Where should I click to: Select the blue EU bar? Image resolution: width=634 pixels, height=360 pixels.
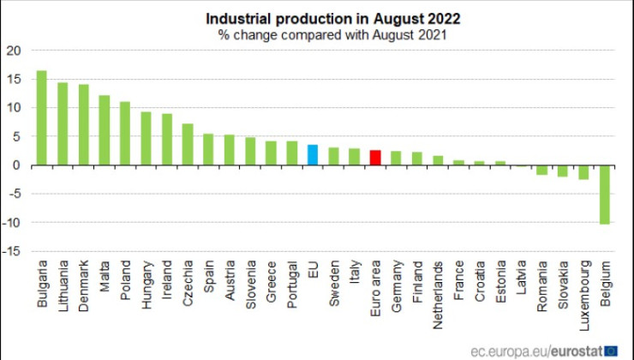tap(313, 155)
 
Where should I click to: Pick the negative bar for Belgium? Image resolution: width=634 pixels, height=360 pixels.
tap(605, 195)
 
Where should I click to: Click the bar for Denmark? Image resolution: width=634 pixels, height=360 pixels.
tap(83, 125)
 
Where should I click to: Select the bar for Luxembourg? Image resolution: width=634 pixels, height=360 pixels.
tap(583, 172)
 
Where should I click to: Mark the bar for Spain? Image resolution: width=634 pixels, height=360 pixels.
tap(208, 149)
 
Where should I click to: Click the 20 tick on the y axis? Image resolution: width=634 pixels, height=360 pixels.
tap(13, 51)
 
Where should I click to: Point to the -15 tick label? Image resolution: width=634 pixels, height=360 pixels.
tap(11, 251)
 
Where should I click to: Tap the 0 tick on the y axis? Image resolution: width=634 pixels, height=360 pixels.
tap(17, 165)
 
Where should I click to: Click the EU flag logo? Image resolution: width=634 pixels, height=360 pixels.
tap(612, 350)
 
